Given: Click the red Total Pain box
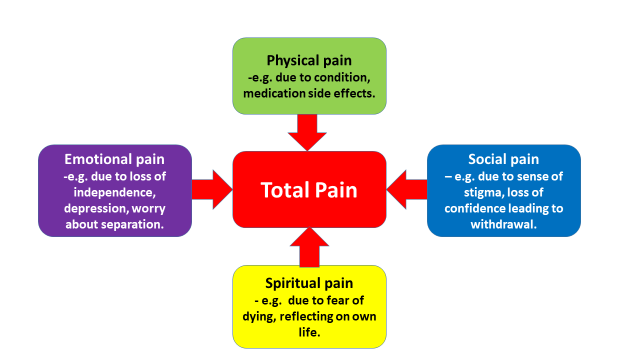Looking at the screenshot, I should [x=309, y=190].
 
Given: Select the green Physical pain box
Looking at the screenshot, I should [x=309, y=75].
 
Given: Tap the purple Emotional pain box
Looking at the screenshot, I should [x=114, y=190].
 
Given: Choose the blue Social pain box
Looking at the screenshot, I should [x=503, y=190].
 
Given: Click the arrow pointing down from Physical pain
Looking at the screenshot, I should [x=309, y=131].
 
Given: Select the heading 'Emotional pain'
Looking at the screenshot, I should [x=114, y=158].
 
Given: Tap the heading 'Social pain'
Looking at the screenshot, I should [x=504, y=158].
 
